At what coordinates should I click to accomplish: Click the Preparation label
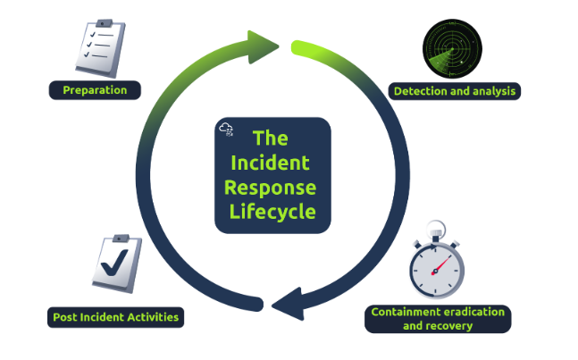pos(96,90)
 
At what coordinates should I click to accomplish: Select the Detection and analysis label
pos(454,91)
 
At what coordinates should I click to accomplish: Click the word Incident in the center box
pos(272,163)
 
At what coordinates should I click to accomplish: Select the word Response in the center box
pos(272,188)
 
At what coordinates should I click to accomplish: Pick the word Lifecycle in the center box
pos(272,213)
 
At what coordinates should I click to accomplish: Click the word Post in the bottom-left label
pos(64,317)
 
